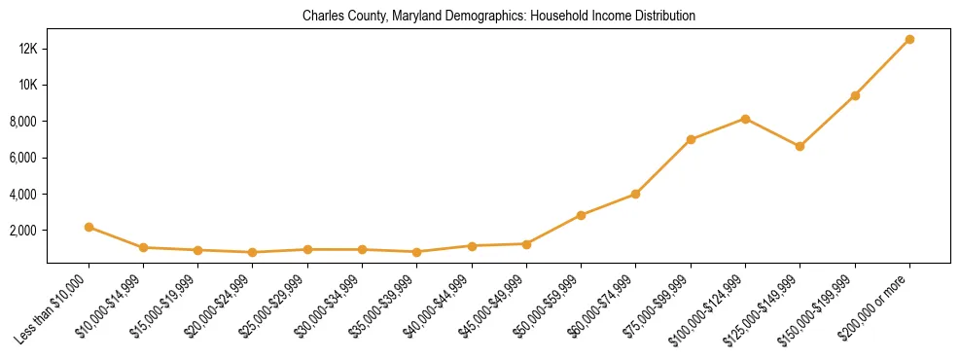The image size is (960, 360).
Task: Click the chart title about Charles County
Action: pyautogui.click(x=499, y=17)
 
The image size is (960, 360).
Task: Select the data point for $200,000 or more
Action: pyautogui.click(x=909, y=39)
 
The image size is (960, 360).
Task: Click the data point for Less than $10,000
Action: pyautogui.click(x=89, y=227)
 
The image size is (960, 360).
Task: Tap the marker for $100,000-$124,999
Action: pyautogui.click(x=745, y=119)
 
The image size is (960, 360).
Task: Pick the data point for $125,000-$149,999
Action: pyautogui.click(x=800, y=146)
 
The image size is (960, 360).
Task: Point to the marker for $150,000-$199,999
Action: pyautogui.click(x=855, y=95)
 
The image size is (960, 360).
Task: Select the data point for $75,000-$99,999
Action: pyautogui.click(x=691, y=139)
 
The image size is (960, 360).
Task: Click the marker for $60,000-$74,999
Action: pyautogui.click(x=635, y=194)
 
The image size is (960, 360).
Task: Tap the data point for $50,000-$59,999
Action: pyautogui.click(x=581, y=215)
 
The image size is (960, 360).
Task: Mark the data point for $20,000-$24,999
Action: pyautogui.click(x=253, y=252)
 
